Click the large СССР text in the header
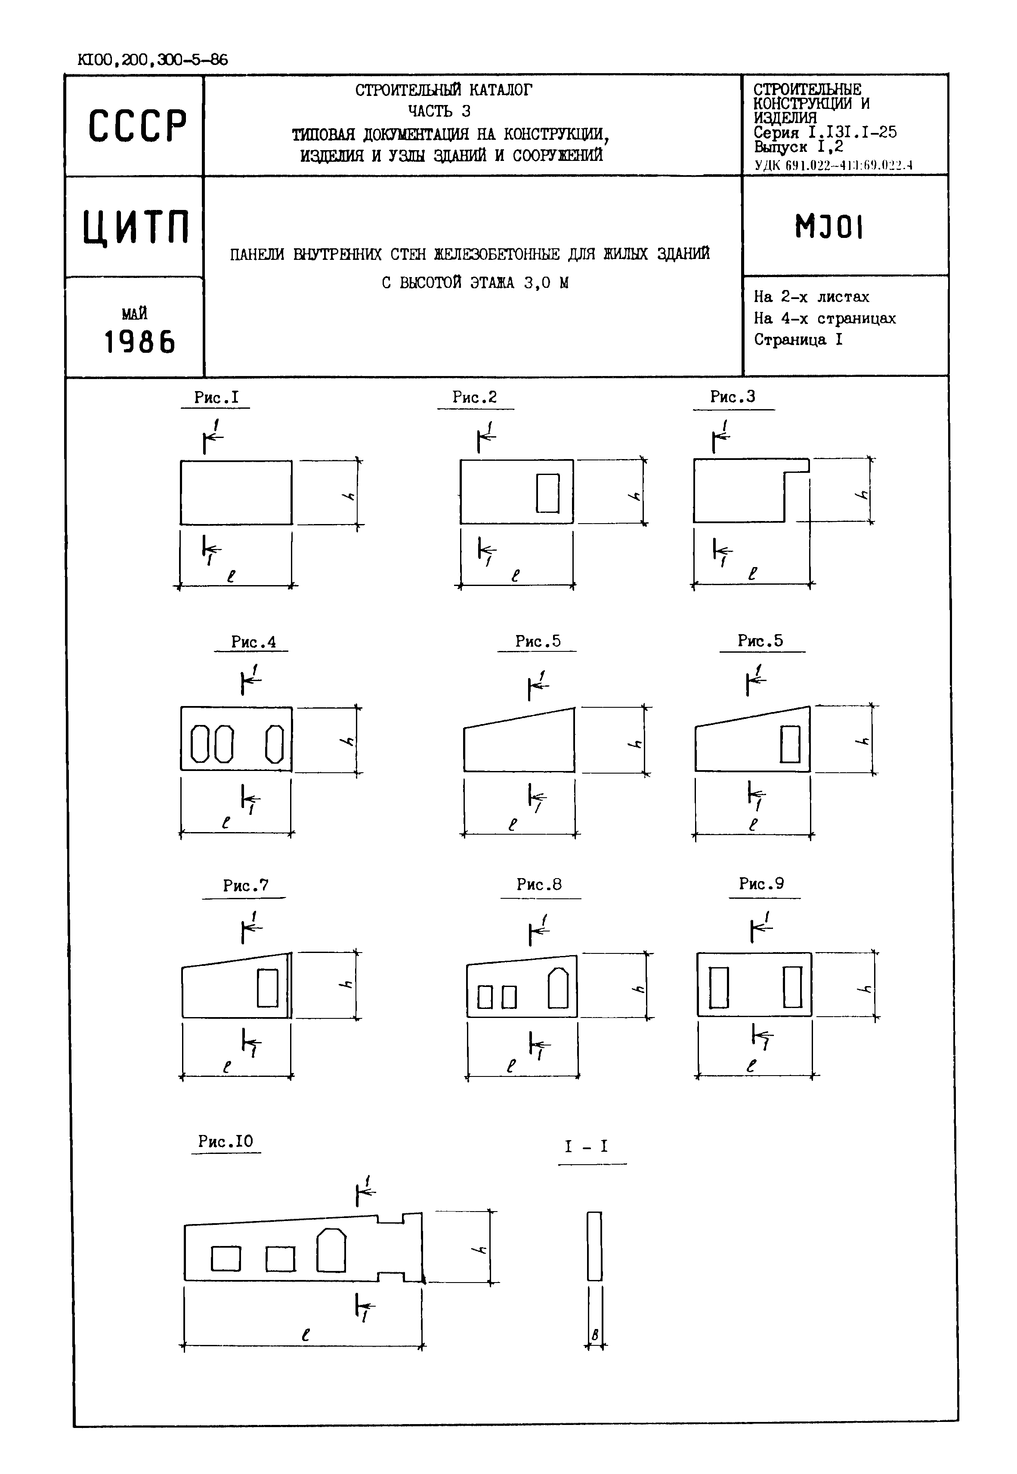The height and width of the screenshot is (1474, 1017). click(138, 126)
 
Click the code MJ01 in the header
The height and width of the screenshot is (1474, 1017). click(829, 226)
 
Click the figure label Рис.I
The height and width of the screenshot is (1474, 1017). click(216, 398)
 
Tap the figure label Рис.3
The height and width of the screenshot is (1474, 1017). click(733, 397)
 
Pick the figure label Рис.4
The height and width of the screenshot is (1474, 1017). click(253, 641)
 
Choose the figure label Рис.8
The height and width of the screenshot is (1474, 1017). click(539, 884)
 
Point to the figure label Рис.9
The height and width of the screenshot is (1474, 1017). click(761, 884)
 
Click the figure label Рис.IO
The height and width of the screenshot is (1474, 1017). click(226, 1141)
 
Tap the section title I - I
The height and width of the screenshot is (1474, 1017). click(586, 1147)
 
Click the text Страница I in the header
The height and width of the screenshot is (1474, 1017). click(798, 339)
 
